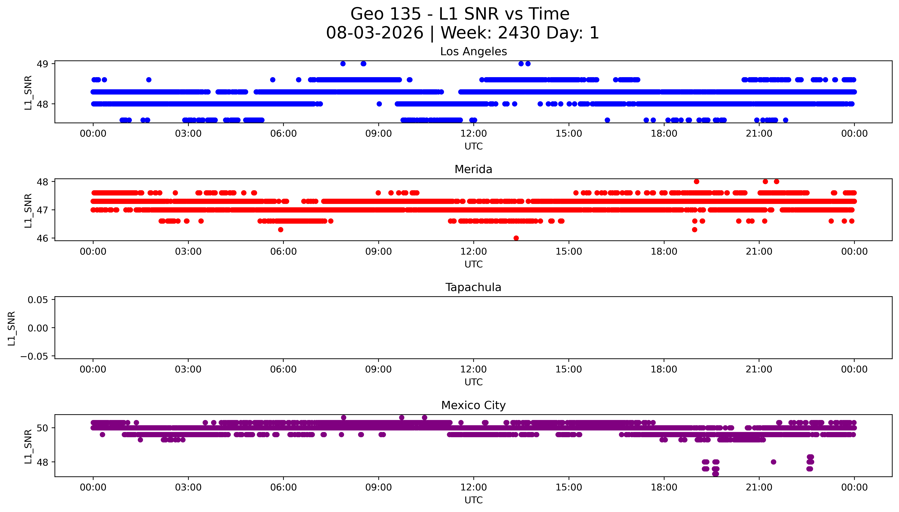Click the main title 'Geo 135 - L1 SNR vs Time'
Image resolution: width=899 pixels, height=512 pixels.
pyautogui.click(x=460, y=14)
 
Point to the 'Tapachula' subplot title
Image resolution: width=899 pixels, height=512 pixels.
pyautogui.click(x=474, y=287)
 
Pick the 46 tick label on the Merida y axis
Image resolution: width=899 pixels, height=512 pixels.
pyautogui.click(x=43, y=238)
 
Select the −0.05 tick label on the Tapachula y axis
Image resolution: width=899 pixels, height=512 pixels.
pyautogui.click(x=34, y=357)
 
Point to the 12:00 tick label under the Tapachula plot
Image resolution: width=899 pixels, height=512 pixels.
pyautogui.click(x=474, y=369)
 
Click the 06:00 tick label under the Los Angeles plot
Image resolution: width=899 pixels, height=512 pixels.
pyautogui.click(x=283, y=134)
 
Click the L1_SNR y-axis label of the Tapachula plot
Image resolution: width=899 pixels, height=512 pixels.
pyautogui.click(x=12, y=328)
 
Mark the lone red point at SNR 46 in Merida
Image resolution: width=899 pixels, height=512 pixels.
pyautogui.click(x=516, y=238)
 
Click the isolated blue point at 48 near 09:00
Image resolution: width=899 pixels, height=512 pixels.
pyautogui.click(x=379, y=104)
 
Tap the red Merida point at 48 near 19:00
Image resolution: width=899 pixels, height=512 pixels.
pyautogui.click(x=696, y=181)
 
